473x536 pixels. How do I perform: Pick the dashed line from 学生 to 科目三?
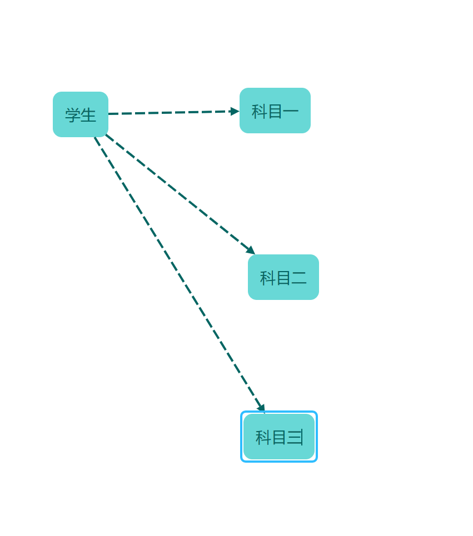click(178, 273)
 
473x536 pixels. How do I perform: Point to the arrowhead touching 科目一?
click(235, 112)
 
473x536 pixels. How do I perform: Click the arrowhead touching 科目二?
click(251, 250)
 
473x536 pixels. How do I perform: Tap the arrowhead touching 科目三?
click(261, 408)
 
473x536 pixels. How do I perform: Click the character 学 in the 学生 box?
click(73, 115)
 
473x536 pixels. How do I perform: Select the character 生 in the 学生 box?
click(88, 115)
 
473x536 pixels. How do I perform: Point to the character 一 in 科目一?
click(291, 111)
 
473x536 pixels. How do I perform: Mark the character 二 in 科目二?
click(299, 278)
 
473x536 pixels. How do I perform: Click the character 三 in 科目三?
click(294, 437)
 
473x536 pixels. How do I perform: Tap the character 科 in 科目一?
click(259, 111)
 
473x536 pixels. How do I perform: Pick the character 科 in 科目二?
click(267, 278)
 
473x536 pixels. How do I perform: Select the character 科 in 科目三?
click(263, 437)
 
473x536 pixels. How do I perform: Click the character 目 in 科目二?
click(283, 278)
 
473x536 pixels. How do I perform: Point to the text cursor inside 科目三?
click(302, 437)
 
